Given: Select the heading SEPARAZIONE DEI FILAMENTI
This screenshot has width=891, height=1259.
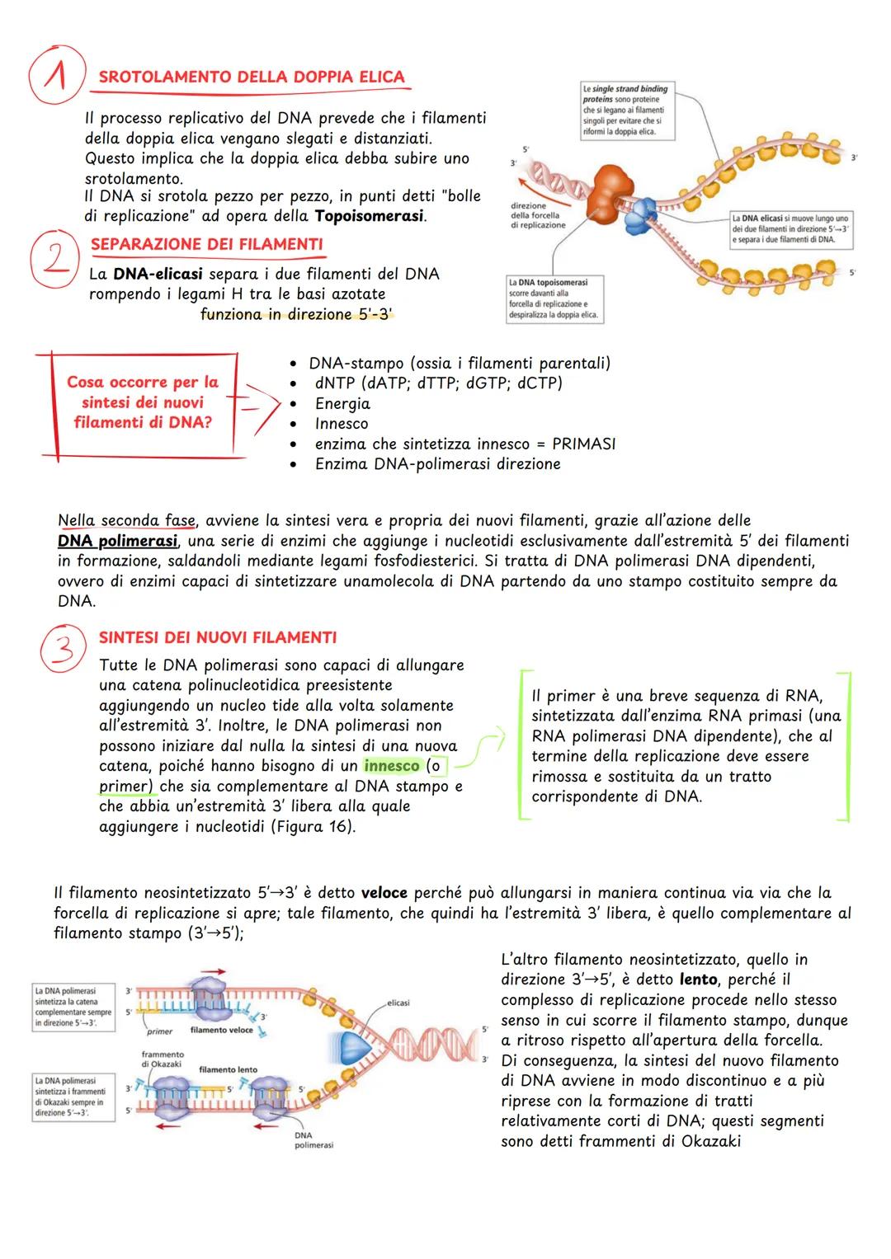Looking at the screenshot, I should coord(206,244).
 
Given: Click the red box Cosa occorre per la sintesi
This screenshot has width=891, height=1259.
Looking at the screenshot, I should coord(142,402).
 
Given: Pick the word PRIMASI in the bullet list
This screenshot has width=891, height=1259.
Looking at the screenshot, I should coord(583,444).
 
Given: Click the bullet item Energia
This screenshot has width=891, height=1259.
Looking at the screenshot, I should coord(342,404).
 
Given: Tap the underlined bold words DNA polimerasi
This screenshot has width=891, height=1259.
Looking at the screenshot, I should coord(117,541).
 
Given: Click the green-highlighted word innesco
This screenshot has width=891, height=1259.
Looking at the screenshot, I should coord(391,766).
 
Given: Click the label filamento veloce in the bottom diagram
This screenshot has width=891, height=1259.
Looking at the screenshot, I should coord(221,1030).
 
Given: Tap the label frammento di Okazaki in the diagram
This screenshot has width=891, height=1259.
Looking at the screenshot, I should coord(163,1059).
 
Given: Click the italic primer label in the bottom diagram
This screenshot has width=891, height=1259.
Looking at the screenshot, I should coord(159,1031).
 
